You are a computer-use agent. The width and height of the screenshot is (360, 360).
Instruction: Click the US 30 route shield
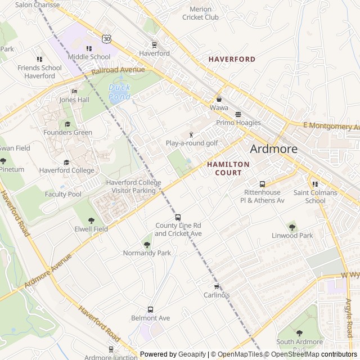[x=106, y=38]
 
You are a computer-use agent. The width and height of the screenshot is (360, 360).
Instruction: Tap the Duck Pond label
[x=119, y=92]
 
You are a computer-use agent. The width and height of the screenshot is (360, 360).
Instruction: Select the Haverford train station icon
[x=154, y=45]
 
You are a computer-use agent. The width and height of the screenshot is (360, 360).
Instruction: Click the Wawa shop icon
[x=219, y=99]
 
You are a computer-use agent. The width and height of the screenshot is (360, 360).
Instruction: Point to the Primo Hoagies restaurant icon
[x=238, y=114]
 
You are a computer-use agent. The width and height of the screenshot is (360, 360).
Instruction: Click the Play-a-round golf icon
[x=191, y=134]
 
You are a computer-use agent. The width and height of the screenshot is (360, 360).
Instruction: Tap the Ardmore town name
[x=273, y=149]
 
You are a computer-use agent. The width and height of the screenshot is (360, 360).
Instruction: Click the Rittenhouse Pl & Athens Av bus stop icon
[x=262, y=184]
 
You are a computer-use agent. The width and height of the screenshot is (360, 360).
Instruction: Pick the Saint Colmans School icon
[x=315, y=184]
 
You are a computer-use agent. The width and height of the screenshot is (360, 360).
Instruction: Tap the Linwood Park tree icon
[x=292, y=227]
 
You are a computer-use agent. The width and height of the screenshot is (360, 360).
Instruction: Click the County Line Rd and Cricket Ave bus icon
[x=178, y=217]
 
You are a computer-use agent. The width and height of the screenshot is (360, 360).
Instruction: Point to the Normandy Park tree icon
[x=147, y=245]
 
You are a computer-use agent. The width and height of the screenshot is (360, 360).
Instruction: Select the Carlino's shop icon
[x=217, y=287]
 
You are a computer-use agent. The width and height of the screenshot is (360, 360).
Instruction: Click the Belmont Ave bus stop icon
[x=150, y=309]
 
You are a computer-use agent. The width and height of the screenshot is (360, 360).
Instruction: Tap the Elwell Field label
[x=91, y=229]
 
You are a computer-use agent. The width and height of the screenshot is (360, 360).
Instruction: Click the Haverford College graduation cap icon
[x=66, y=162]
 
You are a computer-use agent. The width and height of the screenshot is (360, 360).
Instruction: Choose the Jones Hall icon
[x=74, y=91]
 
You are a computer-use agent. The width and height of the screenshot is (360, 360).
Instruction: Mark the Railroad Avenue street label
[x=118, y=70]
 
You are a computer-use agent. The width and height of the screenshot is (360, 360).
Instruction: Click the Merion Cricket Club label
[x=200, y=13]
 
